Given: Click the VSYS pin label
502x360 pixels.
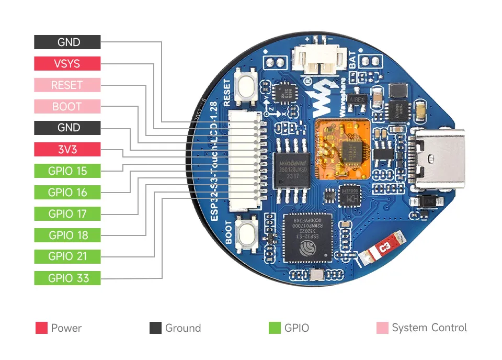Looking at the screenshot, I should (67, 63).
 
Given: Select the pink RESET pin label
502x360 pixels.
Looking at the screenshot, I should (67, 85).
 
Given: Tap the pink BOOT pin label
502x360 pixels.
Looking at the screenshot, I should (67, 106).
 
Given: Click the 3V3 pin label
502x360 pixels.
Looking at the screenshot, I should (67, 149).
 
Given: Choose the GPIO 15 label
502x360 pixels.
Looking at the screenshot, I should (67, 171).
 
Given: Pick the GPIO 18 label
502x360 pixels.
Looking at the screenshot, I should (67, 235).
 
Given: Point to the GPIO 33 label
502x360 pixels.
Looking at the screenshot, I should (67, 278).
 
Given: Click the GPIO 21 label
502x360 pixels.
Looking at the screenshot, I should (67, 256).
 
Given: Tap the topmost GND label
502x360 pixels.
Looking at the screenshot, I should (67, 42).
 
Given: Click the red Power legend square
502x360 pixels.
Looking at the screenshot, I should (41, 328).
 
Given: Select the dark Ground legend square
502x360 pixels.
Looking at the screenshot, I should (155, 328).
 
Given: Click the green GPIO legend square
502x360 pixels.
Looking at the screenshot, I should (275, 328).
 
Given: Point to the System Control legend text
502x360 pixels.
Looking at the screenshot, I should (429, 328).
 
